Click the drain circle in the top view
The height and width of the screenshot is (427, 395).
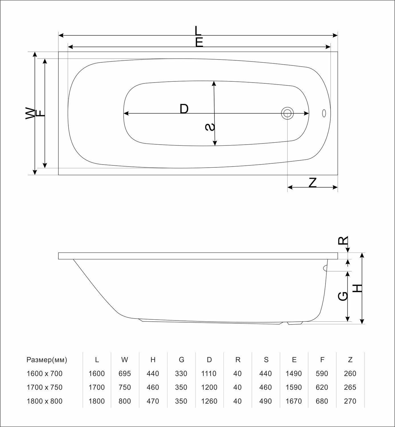[x=287, y=113]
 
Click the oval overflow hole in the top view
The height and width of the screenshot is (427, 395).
[x=324, y=113]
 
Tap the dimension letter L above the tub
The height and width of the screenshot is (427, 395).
[x=198, y=30]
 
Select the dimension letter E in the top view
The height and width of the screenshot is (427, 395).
[x=199, y=42]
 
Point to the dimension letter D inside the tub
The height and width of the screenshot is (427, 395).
[x=184, y=109]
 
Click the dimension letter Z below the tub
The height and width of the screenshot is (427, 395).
[x=313, y=182]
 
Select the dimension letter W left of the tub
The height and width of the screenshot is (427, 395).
[x=30, y=113]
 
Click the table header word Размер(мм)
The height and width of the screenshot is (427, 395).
[x=47, y=360]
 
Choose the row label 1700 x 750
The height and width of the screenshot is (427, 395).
[x=44, y=387]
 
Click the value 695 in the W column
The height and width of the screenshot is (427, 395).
[x=124, y=373]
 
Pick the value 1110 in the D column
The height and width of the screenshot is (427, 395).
[x=209, y=373]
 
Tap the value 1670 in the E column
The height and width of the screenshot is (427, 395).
[x=294, y=401]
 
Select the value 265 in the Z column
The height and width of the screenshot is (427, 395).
[x=350, y=387]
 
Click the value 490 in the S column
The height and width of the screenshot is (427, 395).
[x=266, y=401]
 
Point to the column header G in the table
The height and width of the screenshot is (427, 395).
[x=181, y=360]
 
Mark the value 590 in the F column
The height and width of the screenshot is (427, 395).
[x=322, y=373]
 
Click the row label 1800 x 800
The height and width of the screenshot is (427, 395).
[x=44, y=401]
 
